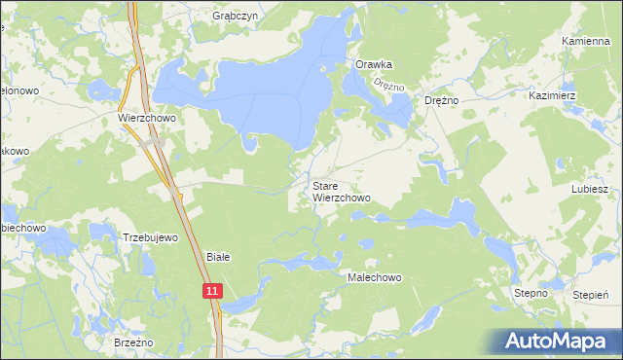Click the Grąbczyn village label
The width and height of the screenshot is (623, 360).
(233, 17)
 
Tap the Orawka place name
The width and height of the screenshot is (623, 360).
(374, 65)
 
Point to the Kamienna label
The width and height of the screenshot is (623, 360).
(586, 42)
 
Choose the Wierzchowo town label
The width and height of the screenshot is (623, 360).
(146, 118)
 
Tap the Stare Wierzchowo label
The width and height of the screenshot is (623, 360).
(341, 192)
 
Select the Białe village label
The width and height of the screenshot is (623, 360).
(218, 258)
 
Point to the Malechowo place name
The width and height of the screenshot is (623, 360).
(375, 277)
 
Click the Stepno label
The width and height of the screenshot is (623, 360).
(531, 293)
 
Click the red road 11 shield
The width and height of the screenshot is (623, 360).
(212, 290)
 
